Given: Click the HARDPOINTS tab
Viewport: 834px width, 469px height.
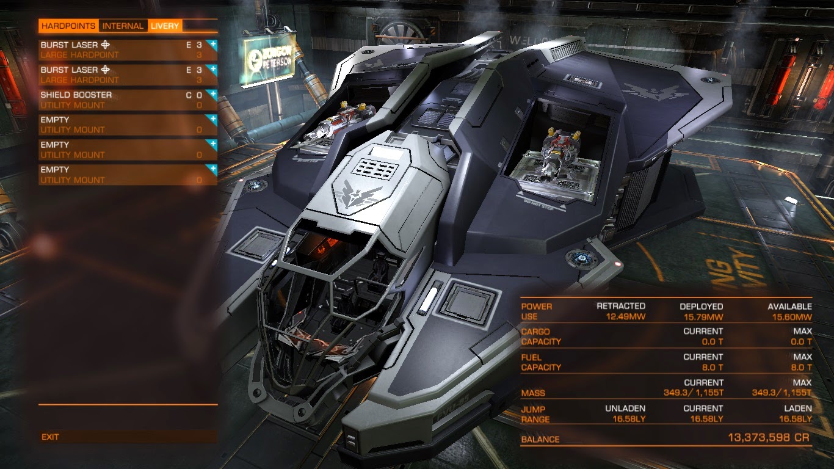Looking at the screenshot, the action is click(68, 26).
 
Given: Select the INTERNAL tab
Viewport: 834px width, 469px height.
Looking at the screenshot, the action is click(123, 26).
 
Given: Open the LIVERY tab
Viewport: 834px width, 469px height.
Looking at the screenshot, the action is click(165, 26).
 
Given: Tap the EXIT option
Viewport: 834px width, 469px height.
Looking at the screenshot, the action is click(51, 437).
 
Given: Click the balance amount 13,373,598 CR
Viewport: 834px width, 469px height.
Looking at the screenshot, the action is click(770, 438).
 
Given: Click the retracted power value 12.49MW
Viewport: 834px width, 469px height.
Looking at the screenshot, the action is click(625, 316).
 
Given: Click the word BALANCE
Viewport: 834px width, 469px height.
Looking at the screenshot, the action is click(540, 439).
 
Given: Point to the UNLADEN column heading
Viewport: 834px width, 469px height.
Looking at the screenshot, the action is click(625, 408).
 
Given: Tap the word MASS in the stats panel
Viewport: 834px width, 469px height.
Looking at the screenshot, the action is click(533, 393).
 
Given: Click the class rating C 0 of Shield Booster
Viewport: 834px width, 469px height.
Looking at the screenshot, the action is click(194, 95).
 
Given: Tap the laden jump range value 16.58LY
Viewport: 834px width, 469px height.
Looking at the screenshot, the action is click(795, 419).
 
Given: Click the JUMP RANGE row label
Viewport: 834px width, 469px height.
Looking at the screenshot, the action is click(535, 414).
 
